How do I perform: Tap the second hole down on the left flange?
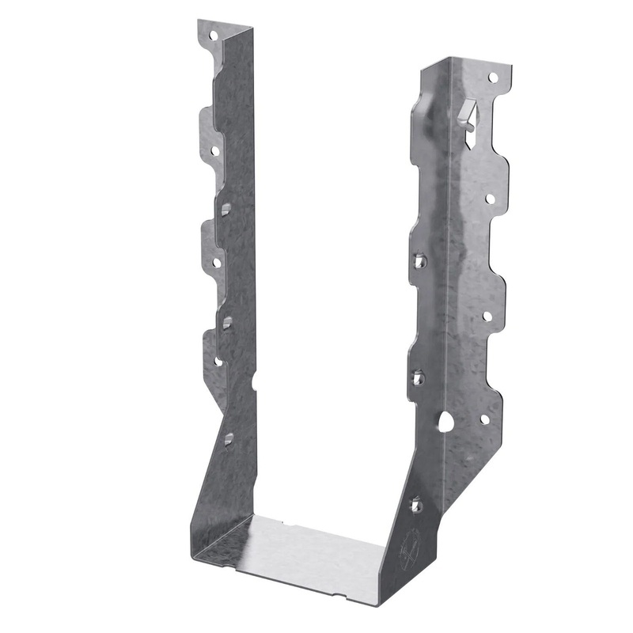point(214,149)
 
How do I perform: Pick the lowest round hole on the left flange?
point(218,361)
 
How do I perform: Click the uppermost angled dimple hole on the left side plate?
point(226,208)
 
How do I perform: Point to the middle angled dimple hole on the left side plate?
point(227,321)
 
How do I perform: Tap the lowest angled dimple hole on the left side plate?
point(228,438)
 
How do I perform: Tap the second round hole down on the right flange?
point(490,199)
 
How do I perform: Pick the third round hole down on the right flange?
point(487,316)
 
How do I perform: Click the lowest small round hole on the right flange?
point(484,419)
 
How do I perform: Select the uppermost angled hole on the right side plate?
point(419,260)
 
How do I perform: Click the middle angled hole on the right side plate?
point(418,377)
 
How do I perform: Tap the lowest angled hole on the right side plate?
point(416,502)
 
